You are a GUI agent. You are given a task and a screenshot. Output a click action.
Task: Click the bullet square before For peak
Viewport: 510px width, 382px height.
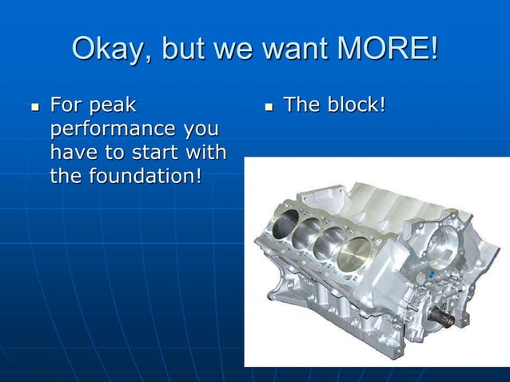[x=34, y=106]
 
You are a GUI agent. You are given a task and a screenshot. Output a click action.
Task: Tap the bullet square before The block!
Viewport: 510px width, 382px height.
[x=268, y=106]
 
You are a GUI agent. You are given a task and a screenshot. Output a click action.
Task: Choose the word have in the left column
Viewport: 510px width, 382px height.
[x=71, y=152]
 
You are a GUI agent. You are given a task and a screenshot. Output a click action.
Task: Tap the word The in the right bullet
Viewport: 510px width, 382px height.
[x=303, y=105]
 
